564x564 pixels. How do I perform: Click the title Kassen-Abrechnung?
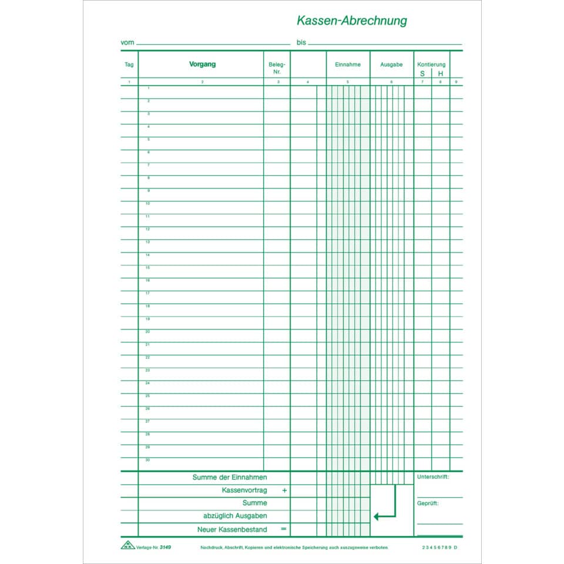(351, 21)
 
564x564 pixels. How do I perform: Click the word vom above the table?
(127, 43)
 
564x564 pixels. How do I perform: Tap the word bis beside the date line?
(301, 43)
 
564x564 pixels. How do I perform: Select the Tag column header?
(129, 65)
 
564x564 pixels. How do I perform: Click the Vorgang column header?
(202, 64)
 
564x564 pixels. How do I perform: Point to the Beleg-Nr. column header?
(277, 68)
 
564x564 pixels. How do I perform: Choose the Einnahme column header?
(348, 65)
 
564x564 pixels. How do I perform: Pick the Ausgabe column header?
(391, 65)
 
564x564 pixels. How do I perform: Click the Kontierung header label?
(431, 64)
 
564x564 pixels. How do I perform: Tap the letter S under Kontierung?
(422, 73)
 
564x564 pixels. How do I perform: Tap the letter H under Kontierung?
(441, 73)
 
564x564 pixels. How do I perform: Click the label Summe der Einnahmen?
(230, 477)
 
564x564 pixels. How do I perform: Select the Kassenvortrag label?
(244, 490)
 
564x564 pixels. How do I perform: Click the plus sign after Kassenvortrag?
(284, 490)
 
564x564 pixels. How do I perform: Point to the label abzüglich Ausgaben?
(235, 516)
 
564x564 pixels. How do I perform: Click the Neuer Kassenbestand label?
(232, 529)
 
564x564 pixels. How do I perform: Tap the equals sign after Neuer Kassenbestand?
(284, 529)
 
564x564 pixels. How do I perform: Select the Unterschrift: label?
(433, 477)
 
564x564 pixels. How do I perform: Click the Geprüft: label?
(428, 503)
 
